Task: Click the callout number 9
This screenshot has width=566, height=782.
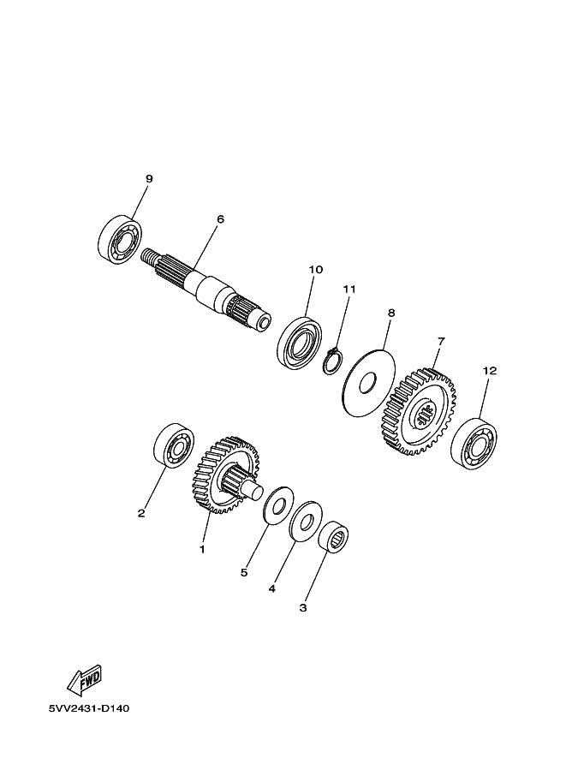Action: pos(149,178)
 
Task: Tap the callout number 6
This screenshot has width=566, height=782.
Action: pos(220,219)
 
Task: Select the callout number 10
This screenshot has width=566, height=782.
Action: pos(316,269)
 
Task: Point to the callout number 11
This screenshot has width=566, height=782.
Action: pos(349,289)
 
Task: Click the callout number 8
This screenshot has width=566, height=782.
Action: pos(391,313)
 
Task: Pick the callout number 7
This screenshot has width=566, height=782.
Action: pos(441,341)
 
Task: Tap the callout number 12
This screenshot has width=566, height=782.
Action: pos(490,371)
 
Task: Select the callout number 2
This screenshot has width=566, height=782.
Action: pos(141,513)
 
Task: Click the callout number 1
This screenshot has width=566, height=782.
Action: pos(202,549)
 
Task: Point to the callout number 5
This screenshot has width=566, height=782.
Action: pos(244,572)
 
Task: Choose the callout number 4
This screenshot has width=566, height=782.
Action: pos(271,589)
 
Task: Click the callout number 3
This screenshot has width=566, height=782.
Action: pos(303,608)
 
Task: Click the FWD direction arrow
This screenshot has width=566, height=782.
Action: pos(86,680)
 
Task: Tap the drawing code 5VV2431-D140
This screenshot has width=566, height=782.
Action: pos(89,708)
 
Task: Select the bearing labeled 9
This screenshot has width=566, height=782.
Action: pos(119,239)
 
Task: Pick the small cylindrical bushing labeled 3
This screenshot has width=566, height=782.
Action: pos(334,537)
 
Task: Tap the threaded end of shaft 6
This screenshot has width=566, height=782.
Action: pos(149,258)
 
